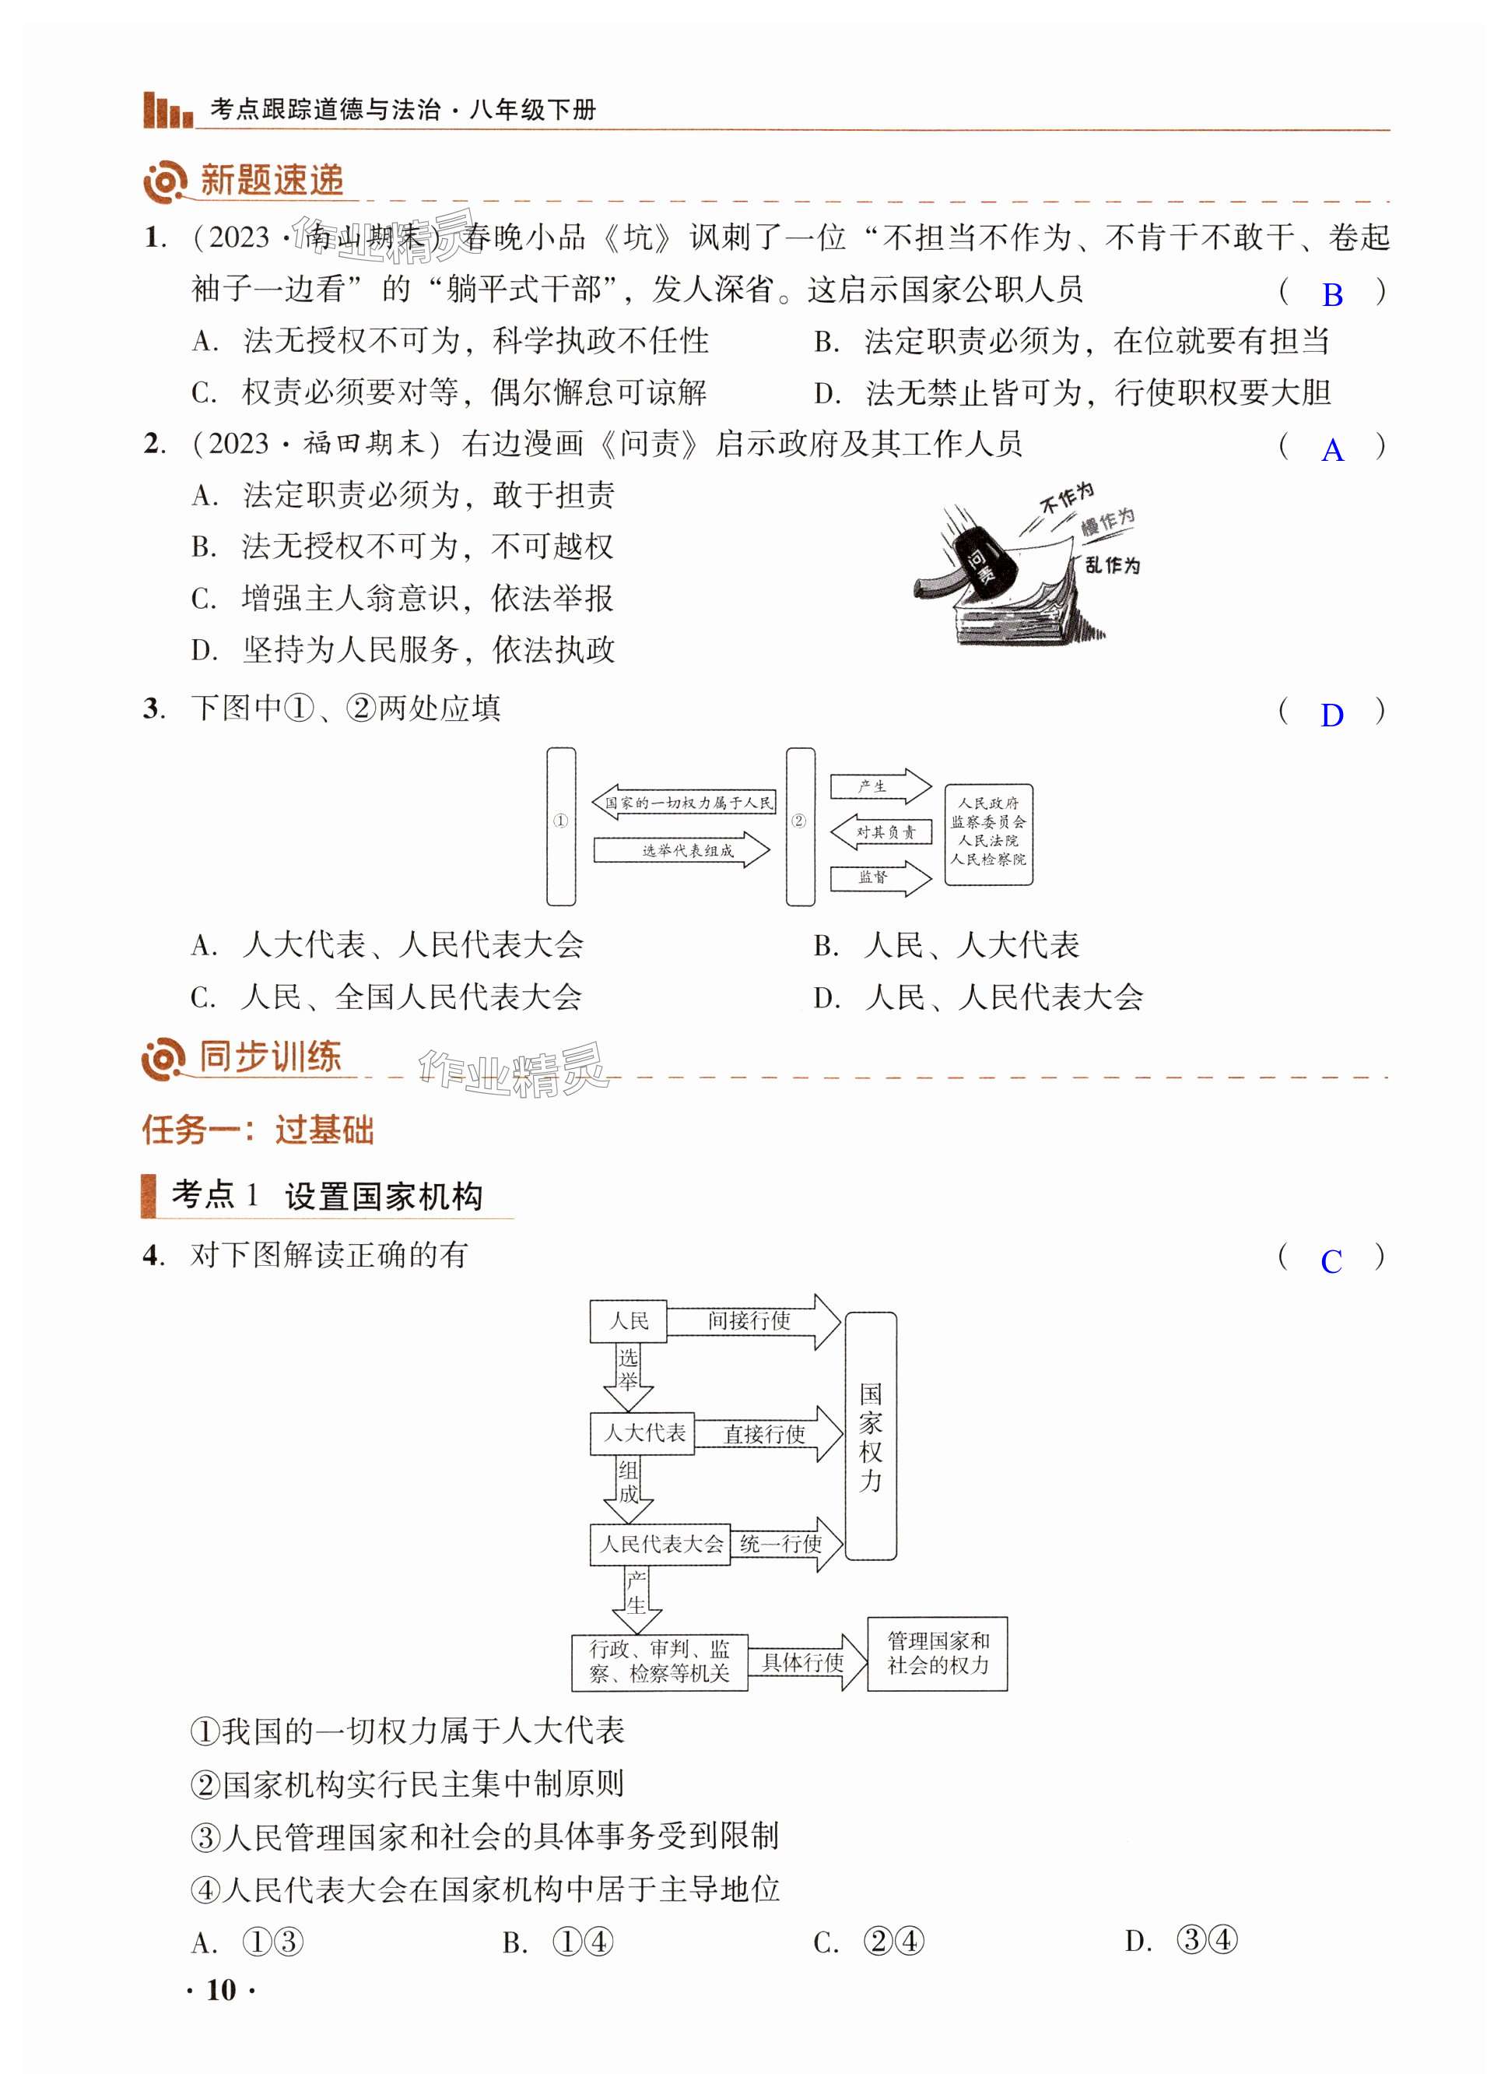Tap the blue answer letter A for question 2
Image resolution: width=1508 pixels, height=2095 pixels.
(1331, 451)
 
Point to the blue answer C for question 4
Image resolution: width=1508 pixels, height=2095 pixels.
(1331, 1262)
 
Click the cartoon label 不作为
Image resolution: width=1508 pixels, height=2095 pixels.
(1067, 498)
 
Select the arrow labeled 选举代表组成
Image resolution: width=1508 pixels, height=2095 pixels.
(682, 851)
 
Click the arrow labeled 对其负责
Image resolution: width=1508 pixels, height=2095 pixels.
(881, 832)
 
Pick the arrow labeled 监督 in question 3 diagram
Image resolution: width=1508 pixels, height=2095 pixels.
(880, 877)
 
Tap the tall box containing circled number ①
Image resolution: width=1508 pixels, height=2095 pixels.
(560, 826)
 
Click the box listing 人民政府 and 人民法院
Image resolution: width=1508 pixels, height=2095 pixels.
(988, 834)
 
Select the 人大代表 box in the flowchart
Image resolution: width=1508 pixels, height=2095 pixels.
(643, 1433)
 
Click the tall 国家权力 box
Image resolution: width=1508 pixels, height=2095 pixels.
(871, 1436)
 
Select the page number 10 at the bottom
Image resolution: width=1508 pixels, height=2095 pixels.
(221, 1990)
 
